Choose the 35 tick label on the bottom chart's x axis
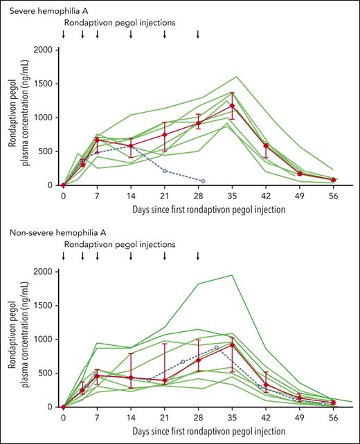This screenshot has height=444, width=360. [x=232, y=418]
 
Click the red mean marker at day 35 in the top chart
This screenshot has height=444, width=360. [x=232, y=106]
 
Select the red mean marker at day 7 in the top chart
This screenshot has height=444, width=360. [x=97, y=139]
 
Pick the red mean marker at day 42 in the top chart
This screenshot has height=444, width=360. [x=266, y=145]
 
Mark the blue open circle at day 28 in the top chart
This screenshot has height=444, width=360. [x=203, y=181]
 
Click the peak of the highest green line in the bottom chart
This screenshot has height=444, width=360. [x=232, y=275]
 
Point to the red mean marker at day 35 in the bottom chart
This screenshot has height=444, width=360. [x=232, y=344]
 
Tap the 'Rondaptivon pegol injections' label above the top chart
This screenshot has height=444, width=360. [x=120, y=22]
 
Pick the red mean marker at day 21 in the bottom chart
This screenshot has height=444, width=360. [x=165, y=380]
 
